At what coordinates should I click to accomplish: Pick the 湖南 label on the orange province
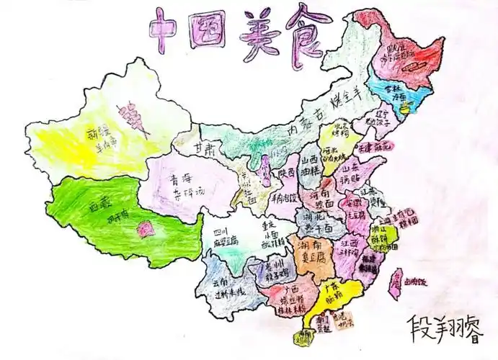pyautogui.click(x=311, y=246)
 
